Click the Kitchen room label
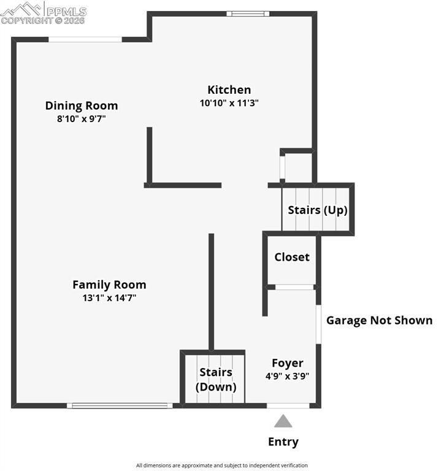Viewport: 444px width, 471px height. [229, 90]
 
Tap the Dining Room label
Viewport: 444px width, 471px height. [82, 105]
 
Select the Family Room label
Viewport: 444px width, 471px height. [109, 285]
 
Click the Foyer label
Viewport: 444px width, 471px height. [288, 363]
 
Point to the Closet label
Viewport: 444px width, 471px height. [292, 257]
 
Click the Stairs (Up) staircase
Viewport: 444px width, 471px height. [316, 210]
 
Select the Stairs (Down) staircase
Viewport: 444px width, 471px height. [215, 380]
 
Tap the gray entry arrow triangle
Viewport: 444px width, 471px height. [283, 421]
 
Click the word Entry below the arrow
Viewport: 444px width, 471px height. [283, 442]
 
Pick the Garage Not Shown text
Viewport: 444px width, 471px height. [379, 320]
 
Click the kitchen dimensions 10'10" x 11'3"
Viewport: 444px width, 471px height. [229, 103]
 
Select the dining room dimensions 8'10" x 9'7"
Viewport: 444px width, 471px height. [82, 119]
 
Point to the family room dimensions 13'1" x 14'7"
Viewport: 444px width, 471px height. [109, 298]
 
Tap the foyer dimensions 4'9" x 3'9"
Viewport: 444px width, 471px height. [288, 376]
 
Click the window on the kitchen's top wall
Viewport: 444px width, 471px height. [247, 13]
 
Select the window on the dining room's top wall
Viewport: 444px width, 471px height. [85, 40]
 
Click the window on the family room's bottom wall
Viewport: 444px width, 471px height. [120, 405]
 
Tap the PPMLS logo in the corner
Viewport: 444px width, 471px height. [44, 13]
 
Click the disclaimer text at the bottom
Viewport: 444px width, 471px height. [222, 465]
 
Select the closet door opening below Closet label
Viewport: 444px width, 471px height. [294, 287]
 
